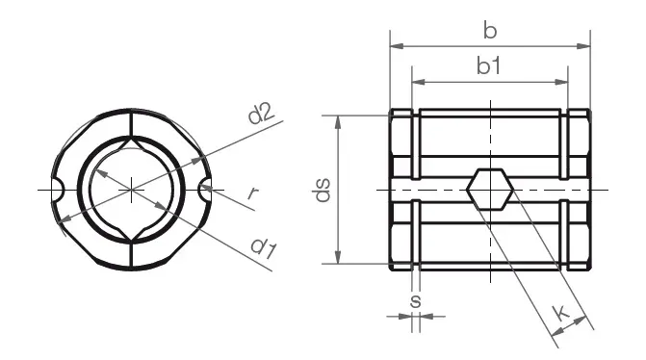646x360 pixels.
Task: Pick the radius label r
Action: (252, 193)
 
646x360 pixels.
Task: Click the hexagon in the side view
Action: (490, 190)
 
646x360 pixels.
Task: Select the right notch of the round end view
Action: (206, 190)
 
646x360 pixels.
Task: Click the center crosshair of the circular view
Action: (131, 190)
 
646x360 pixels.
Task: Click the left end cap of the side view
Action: (401, 190)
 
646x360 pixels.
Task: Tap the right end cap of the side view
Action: (577, 190)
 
